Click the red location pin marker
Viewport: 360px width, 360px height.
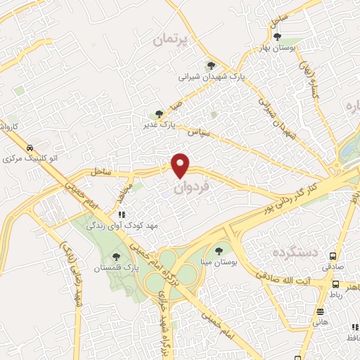pos(181,165)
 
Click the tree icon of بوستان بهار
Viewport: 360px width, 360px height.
pos(278,37)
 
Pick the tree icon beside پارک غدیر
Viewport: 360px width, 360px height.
pos(160,113)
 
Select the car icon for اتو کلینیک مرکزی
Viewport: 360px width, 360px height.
pos(30,148)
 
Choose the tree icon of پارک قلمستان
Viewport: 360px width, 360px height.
pos(116,257)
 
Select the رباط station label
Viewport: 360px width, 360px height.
pos(334,295)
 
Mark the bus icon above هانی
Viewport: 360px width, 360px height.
pos(320,311)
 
